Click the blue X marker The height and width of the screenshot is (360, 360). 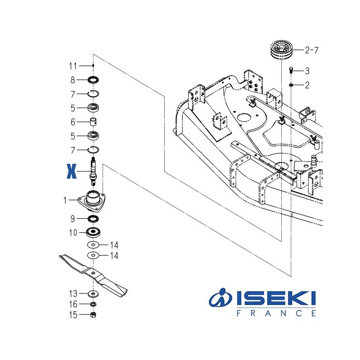pos(70,171)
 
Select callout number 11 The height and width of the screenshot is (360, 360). pos(73,66)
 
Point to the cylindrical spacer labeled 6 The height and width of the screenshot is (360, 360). pos(93,122)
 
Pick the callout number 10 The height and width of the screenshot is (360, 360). pos(73,233)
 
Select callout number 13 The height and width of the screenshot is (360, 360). pos(73,293)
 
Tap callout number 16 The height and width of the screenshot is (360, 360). pos(73,304)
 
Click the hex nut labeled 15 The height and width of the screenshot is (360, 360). pos(93,315)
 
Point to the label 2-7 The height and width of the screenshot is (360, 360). pos(311,50)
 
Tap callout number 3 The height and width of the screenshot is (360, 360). pos(307,71)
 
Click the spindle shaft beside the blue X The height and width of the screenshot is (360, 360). pos(93,171)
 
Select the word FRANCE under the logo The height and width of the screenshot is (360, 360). pos(276,313)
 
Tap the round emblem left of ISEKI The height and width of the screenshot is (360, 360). pos(220,298)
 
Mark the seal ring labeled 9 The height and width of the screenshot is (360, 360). pos(93,219)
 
